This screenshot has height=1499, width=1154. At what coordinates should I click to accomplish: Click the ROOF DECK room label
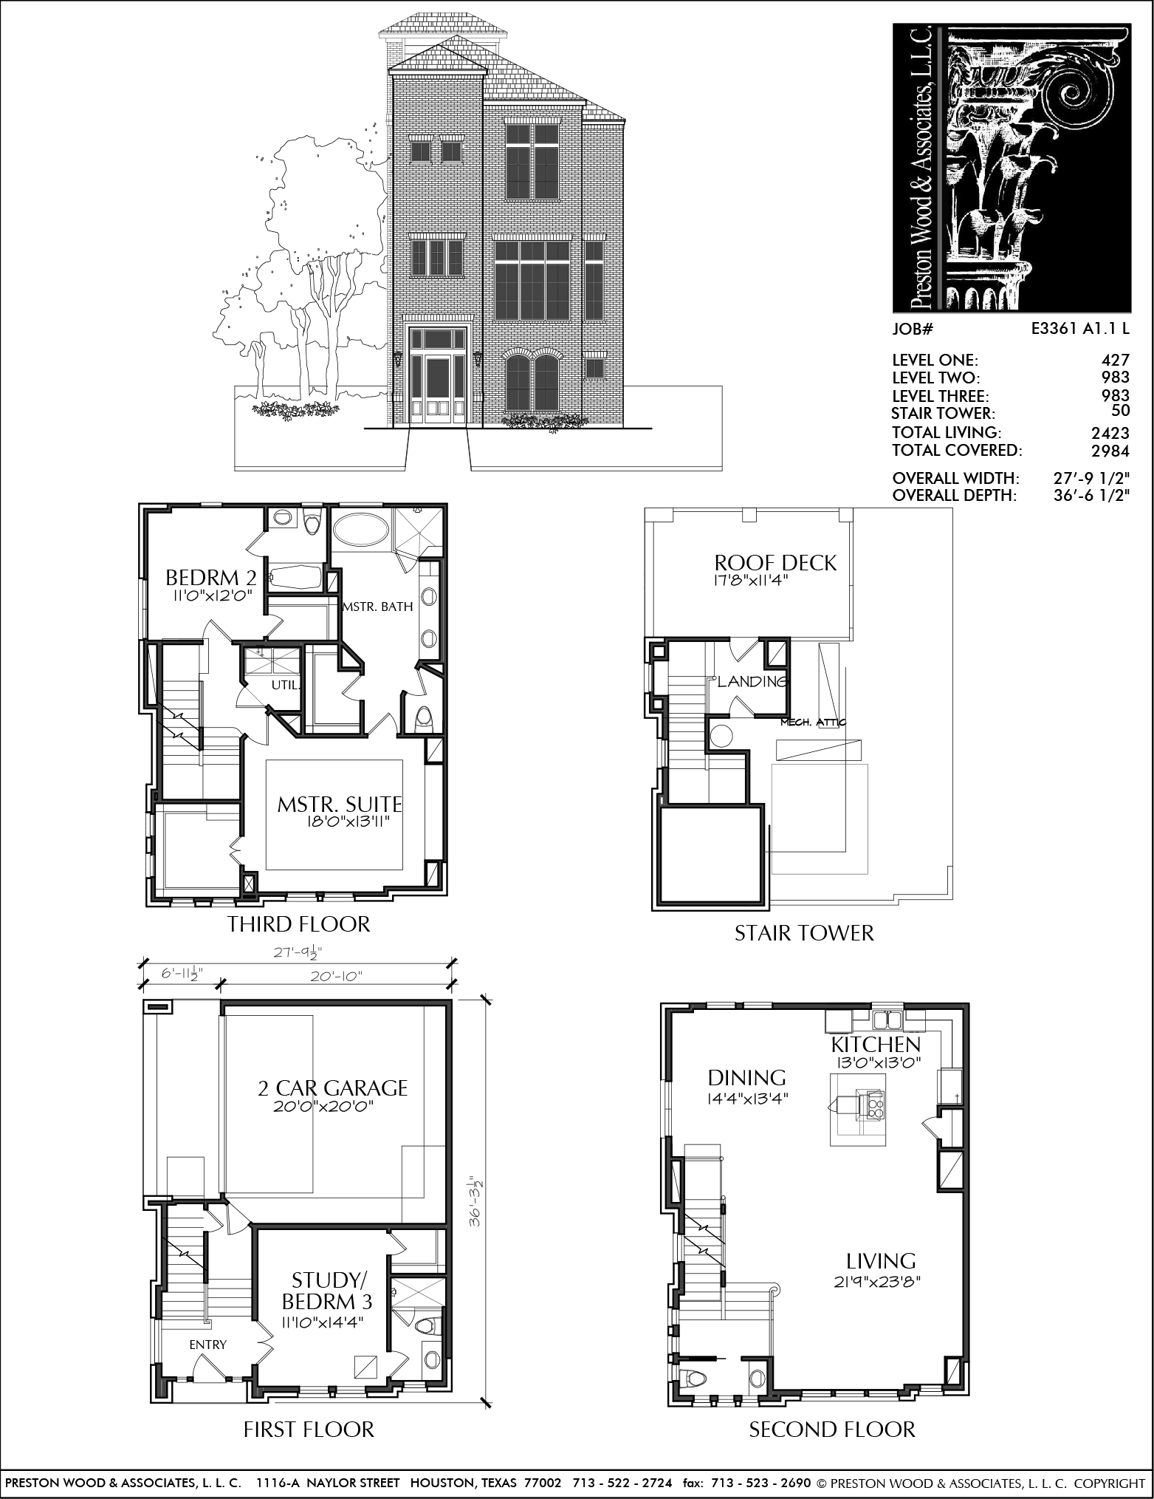[x=776, y=563]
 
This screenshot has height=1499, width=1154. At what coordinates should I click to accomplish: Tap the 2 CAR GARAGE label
[x=332, y=1087]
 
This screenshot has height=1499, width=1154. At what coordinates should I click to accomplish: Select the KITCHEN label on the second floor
[x=876, y=1045]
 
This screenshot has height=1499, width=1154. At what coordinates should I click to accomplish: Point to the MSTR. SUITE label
[x=340, y=804]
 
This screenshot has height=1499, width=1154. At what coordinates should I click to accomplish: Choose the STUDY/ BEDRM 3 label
[x=327, y=1291]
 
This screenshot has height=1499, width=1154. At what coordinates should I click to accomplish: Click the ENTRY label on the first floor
[x=207, y=1345]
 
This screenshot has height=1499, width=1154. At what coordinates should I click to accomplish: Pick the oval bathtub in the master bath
[x=361, y=530]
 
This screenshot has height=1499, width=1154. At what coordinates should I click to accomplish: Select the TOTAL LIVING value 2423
[x=1110, y=433]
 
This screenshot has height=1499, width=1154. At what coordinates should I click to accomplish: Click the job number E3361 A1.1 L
[x=1080, y=329]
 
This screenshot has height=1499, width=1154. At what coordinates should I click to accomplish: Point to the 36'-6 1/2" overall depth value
[x=1092, y=495]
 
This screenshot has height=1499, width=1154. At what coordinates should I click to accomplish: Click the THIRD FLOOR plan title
[x=298, y=924]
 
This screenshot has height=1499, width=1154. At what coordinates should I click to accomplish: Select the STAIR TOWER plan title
[x=804, y=933]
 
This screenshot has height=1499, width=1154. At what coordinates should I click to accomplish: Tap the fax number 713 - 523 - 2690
[x=760, y=1482]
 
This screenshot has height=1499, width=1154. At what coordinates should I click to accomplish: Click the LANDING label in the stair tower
[x=753, y=681]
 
